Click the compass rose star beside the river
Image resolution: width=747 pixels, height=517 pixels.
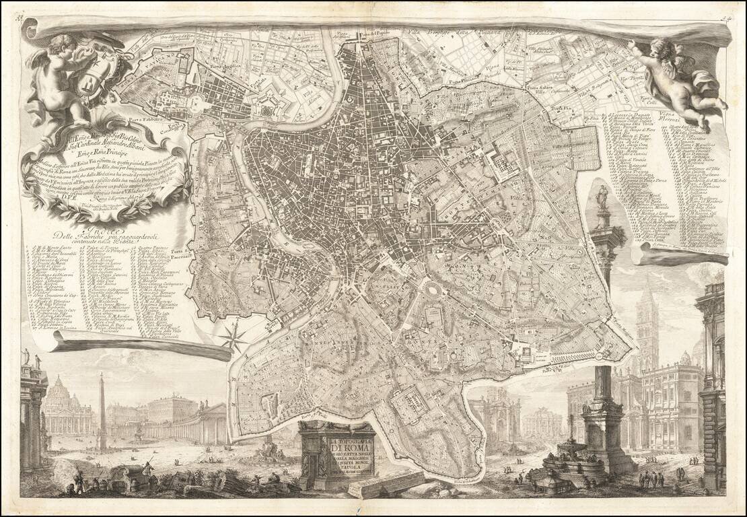point(234,337)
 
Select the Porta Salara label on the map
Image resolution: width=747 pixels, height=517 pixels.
point(521,87)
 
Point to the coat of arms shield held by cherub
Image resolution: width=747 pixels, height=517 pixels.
point(106,76)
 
